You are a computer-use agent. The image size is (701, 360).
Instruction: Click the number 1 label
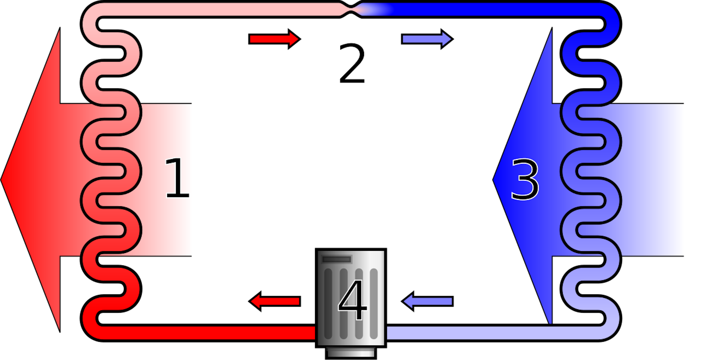(x=177, y=178)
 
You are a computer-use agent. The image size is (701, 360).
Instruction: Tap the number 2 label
(x=352, y=63)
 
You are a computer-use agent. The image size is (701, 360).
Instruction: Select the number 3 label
(x=525, y=179)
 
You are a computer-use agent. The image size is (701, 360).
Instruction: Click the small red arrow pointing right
(x=274, y=39)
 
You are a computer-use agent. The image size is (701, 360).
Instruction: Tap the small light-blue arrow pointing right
(x=427, y=39)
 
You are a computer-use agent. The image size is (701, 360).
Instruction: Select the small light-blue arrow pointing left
(x=428, y=301)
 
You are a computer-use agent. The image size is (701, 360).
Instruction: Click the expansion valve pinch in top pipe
(x=351, y=9)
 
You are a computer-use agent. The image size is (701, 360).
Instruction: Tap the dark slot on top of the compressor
(x=336, y=260)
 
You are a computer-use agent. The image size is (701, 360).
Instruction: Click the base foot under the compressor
(x=350, y=352)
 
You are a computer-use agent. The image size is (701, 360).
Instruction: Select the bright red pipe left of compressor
(x=204, y=333)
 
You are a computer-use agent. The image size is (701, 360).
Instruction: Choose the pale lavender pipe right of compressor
(x=493, y=333)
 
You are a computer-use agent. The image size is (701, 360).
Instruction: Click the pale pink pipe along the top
(x=219, y=9)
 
